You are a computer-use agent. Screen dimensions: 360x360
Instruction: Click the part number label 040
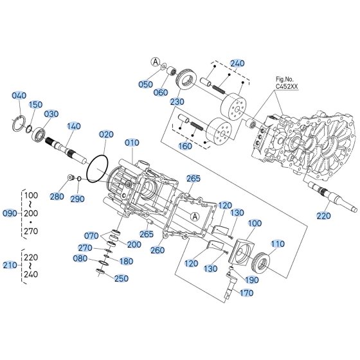19,96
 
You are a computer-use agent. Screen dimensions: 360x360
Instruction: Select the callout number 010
132,143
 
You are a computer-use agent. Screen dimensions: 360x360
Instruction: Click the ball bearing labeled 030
39,134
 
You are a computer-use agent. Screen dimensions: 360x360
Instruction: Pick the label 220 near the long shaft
323,216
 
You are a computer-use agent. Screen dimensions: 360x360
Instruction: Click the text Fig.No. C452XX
287,83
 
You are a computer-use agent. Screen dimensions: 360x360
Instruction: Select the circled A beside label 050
156,62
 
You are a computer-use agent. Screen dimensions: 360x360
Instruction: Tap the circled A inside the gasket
195,216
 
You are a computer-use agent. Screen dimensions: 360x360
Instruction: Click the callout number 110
278,244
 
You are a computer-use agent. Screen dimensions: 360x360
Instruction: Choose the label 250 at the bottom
122,278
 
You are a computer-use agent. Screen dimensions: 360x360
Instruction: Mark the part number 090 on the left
10,213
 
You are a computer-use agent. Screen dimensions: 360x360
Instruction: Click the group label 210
10,265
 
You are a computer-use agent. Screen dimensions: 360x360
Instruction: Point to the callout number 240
237,64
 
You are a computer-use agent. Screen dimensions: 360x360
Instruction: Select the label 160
185,146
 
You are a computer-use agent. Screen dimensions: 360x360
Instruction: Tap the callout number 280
57,197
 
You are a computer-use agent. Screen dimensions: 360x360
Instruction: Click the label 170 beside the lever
247,293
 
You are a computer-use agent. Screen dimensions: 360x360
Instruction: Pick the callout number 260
157,250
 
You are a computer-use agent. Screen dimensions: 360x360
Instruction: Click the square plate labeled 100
242,251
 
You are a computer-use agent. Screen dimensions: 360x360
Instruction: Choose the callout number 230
177,102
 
